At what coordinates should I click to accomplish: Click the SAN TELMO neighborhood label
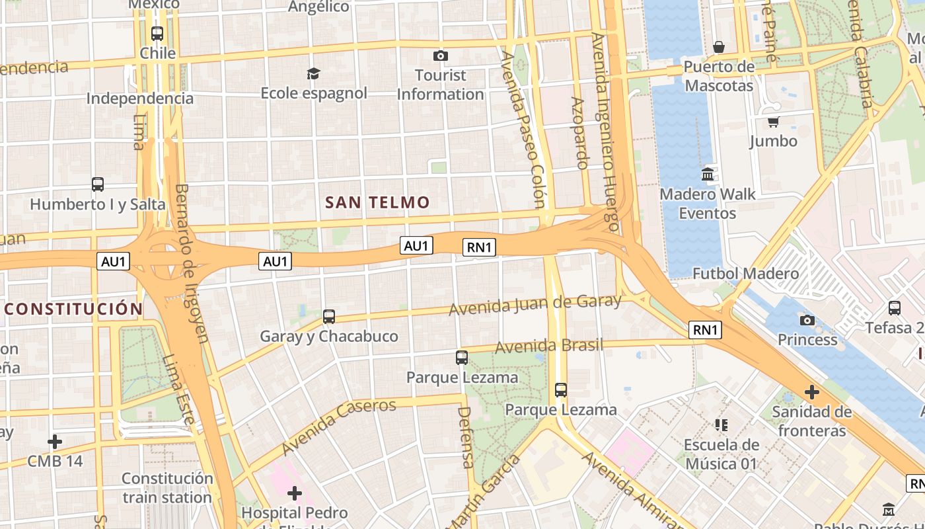(377, 202)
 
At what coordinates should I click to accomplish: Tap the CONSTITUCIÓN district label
(73, 309)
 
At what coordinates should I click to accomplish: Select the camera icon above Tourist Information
(440, 56)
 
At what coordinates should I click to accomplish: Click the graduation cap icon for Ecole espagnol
(313, 73)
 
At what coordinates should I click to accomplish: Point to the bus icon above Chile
(157, 33)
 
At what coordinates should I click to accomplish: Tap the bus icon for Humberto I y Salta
(98, 184)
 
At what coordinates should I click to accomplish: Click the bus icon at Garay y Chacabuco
(329, 317)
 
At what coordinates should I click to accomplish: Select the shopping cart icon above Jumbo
(773, 122)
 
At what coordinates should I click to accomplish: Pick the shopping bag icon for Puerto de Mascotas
(719, 47)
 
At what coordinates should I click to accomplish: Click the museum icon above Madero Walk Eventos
(708, 175)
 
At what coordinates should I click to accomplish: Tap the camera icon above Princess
(807, 320)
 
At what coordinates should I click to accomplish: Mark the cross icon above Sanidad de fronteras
(811, 392)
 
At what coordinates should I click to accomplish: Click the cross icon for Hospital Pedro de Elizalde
(295, 493)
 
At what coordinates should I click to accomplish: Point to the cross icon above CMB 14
(55, 441)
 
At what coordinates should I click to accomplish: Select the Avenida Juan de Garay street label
(535, 305)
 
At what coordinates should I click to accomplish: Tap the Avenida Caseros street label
(338, 426)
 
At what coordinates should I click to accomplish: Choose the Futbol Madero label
(745, 273)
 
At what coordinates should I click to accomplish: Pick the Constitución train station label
(167, 487)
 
